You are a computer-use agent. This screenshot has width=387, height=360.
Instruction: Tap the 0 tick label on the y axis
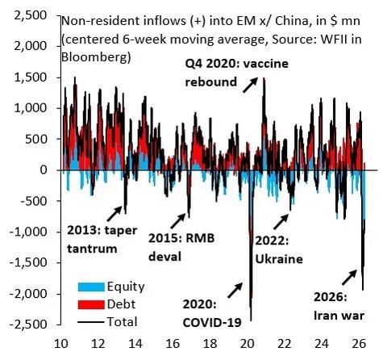coord(48,170)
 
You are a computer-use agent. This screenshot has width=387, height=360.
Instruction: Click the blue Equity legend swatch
coord(86,286)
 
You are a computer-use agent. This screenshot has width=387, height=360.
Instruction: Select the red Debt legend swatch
coord(86,303)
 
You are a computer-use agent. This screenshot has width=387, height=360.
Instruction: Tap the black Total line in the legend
coord(86,321)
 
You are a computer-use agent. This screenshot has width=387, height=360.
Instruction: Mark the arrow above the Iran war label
coord(349,278)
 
